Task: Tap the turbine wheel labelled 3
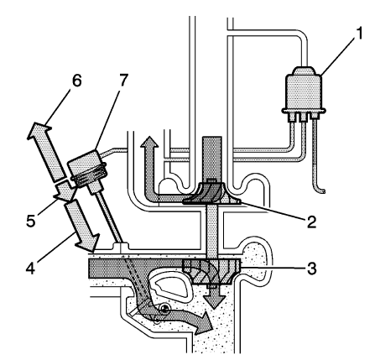pyautogui.click(x=211, y=274)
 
